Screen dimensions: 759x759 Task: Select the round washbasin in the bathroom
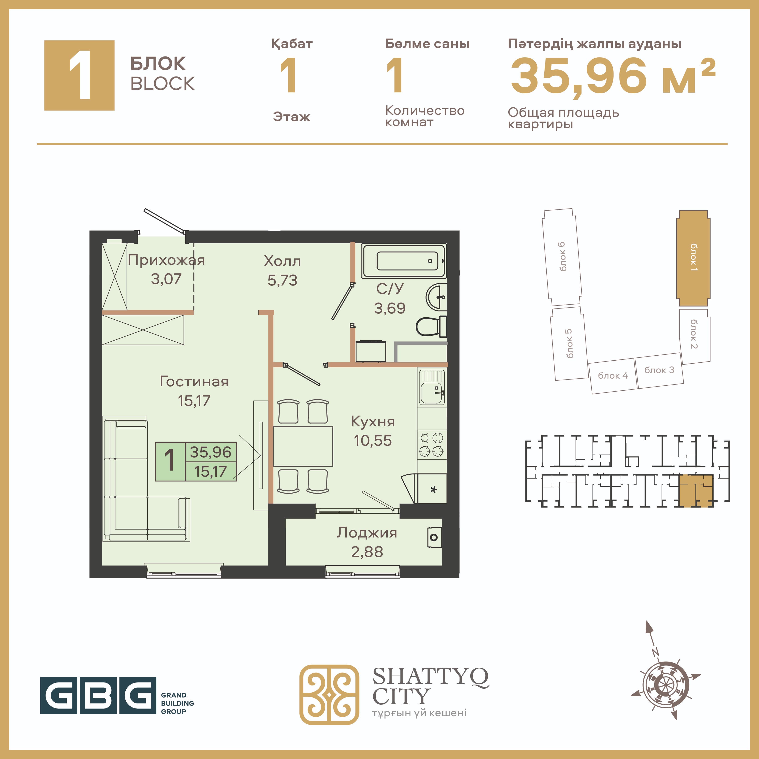click(x=436, y=297)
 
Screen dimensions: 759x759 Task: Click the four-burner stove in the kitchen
click(x=432, y=444)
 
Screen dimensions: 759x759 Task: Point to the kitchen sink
click(x=432, y=387)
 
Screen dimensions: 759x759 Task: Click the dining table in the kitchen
click(x=303, y=446)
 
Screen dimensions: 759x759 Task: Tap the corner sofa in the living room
click(x=147, y=479)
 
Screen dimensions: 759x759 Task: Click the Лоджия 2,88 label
click(x=367, y=542)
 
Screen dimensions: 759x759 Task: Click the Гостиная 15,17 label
click(x=194, y=391)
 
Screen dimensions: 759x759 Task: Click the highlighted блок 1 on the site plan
click(x=693, y=258)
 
